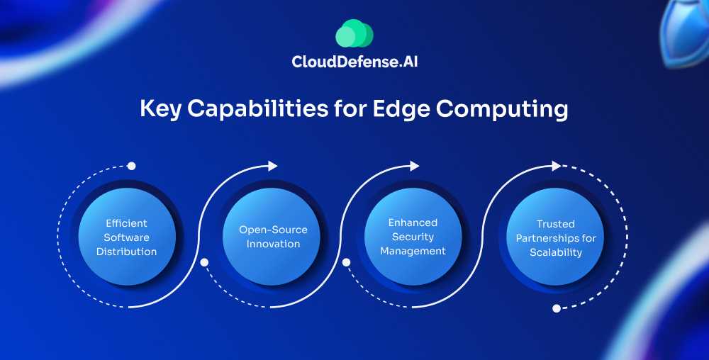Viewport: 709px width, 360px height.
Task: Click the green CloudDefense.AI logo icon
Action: point(354,33)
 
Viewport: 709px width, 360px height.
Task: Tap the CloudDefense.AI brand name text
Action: point(359,62)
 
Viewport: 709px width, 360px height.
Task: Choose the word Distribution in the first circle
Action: point(127,251)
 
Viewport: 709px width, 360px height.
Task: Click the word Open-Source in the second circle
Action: point(273,230)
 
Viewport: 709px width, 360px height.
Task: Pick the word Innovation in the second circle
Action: point(273,244)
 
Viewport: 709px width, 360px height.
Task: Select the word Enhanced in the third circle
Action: point(413,223)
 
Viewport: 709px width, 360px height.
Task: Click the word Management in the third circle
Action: point(413,251)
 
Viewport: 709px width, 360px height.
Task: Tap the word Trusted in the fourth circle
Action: point(556,223)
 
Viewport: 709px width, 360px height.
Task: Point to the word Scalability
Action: point(556,252)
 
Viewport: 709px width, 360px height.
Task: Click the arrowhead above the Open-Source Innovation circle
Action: point(273,166)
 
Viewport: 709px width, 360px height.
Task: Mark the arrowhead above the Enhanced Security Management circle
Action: point(415,166)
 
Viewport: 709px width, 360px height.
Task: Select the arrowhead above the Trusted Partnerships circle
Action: point(557,166)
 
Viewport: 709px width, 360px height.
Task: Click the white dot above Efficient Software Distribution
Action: point(131,166)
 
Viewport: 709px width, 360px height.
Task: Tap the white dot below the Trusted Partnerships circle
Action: point(557,308)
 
